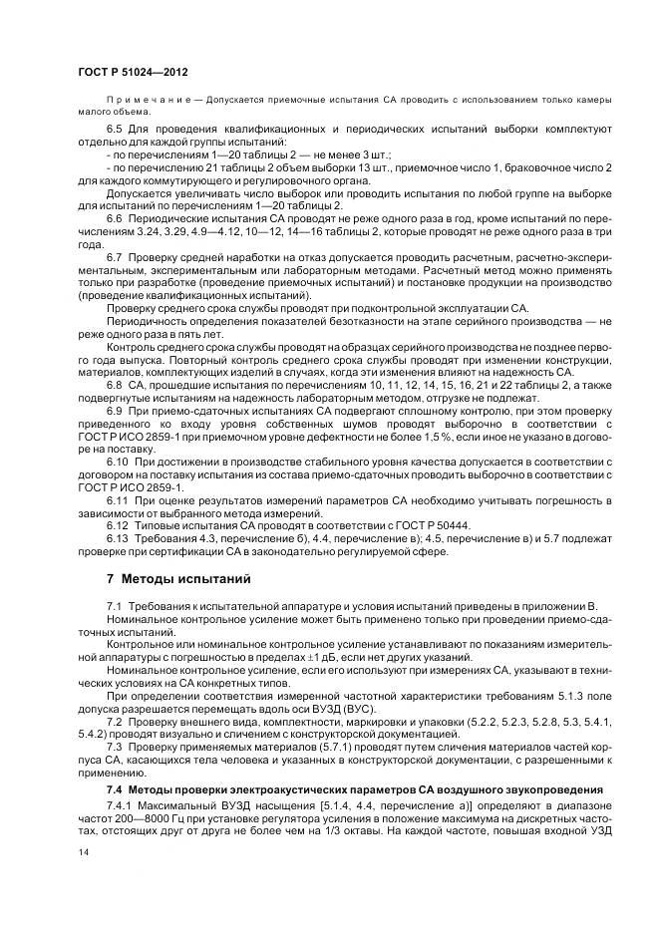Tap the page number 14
[82, 853]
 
